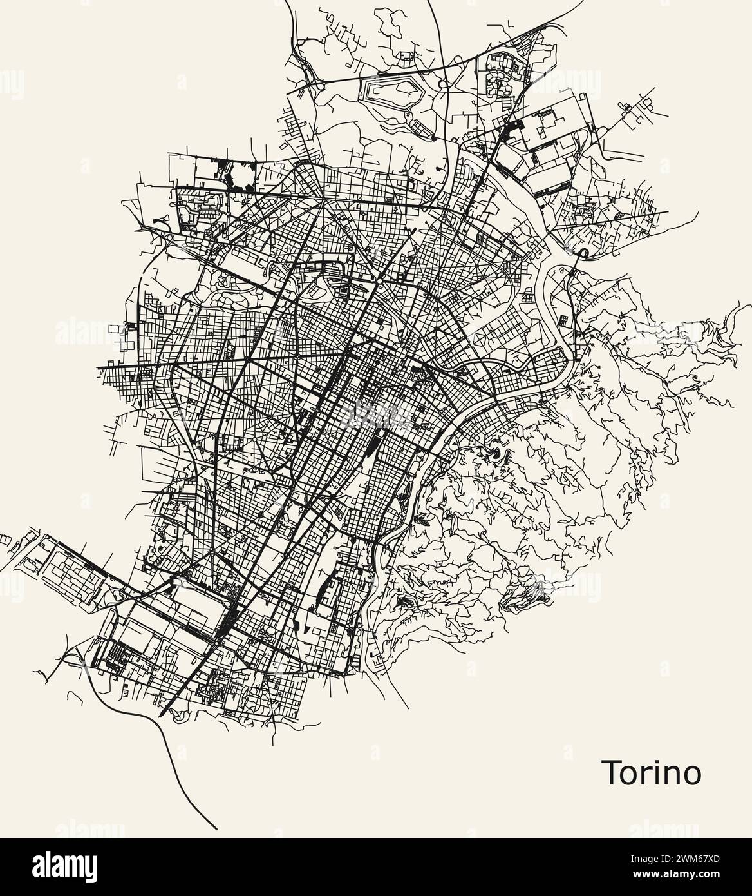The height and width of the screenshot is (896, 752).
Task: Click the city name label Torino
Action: pyautogui.click(x=651, y=772)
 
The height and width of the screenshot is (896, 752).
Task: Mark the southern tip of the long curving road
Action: pyautogui.click(x=217, y=828)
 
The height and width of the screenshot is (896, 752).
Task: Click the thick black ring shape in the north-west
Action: pyautogui.click(x=243, y=175)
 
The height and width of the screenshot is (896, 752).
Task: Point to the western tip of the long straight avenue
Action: pyautogui.click(x=98, y=368)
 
